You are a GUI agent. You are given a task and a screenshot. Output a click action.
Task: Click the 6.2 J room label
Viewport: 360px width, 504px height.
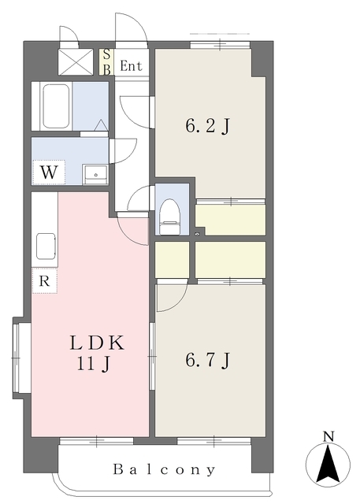pos(208,126)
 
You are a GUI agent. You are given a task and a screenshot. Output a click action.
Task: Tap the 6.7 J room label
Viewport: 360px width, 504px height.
pos(208,360)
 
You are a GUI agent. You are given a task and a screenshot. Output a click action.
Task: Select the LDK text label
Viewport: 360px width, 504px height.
pos(97,343)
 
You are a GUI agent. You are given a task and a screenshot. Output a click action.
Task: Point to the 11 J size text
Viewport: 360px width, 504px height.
pos(94,364)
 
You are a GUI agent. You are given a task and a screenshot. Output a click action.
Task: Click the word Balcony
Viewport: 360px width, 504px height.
pos(164,469)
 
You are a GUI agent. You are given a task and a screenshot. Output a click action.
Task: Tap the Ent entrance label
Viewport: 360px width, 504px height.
pos(131,66)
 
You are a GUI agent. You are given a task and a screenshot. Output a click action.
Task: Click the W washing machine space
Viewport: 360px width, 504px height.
pos(49,172)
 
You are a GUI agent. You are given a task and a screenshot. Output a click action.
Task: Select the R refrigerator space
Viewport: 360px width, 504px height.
pos(44,280)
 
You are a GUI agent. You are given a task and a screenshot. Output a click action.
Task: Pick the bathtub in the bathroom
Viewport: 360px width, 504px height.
pos(56,106)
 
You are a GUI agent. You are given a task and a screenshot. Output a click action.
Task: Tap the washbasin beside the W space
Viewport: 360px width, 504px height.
pos(95,174)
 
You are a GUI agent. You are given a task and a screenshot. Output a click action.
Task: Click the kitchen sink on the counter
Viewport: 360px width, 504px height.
pos(46,246)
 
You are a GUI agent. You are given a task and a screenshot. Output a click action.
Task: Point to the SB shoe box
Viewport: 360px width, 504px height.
pos(106,62)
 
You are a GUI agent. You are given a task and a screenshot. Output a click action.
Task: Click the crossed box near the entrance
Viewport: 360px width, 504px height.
pos(76,62)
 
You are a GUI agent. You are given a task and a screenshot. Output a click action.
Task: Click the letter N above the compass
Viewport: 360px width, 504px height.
pos(328,436)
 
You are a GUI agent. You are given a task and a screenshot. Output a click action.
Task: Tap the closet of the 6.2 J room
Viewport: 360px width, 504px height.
pos(231,220)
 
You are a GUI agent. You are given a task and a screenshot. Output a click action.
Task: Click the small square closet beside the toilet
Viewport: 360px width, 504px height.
pos(172,260)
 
